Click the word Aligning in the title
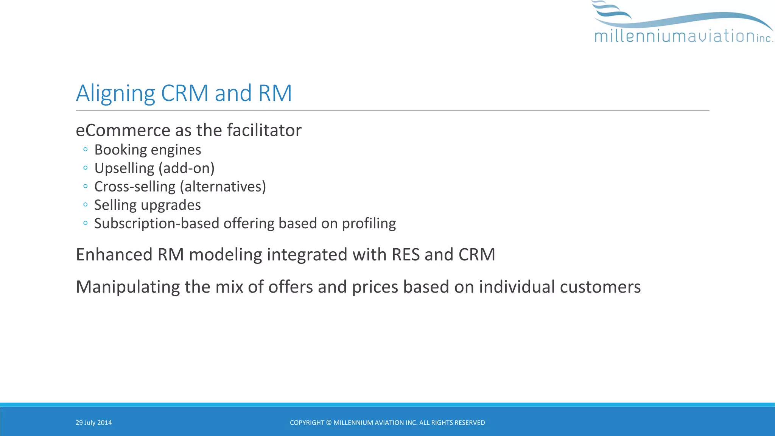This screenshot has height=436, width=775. point(115,93)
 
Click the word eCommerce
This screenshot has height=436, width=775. point(123,130)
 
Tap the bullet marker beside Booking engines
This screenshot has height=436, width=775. point(86,149)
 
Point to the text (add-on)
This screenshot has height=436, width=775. point(186,168)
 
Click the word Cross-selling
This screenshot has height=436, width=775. point(135,187)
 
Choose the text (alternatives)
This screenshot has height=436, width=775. point(223,187)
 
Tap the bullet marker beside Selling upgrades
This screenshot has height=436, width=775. point(86,205)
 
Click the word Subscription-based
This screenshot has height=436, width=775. point(156,223)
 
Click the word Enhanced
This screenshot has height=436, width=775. point(114,254)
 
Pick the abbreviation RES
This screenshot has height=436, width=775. point(406,254)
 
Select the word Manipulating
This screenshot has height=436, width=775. point(128,287)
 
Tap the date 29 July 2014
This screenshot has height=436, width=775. point(93,423)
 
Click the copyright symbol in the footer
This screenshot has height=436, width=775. point(328,423)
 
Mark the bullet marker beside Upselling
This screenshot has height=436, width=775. point(86,168)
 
